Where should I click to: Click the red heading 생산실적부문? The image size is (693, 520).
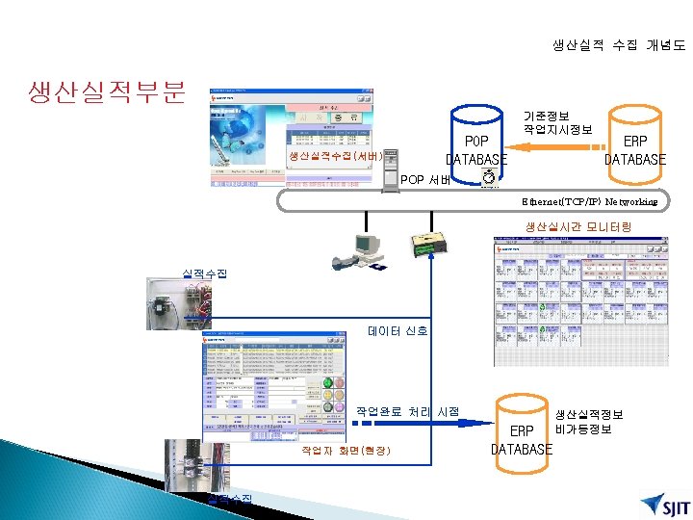107,92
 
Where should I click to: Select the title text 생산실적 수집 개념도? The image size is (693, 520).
619,44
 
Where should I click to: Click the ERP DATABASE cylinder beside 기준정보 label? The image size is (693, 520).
634,140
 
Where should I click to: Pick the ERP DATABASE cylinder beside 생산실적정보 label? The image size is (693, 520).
522,432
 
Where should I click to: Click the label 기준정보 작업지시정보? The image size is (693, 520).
557,122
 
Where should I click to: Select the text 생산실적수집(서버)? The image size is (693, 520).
336,155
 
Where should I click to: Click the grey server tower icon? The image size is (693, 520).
391,172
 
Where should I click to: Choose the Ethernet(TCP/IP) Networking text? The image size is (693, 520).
589,202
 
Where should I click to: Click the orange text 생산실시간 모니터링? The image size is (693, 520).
577,226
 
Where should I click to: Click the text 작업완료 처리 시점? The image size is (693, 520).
408,411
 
